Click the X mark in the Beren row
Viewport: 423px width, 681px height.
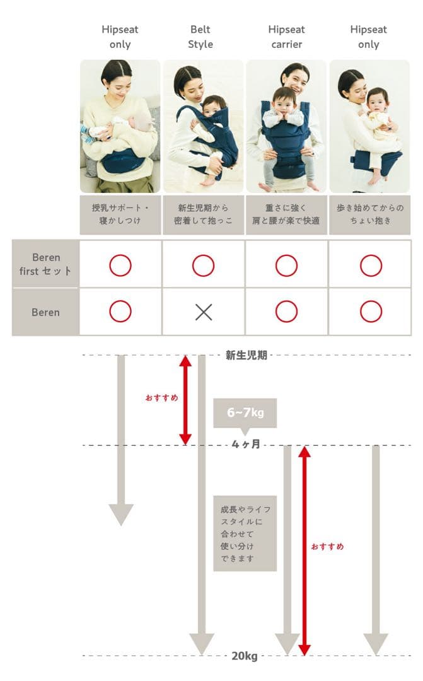203,311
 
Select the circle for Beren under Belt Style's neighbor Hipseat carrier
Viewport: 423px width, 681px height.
286,311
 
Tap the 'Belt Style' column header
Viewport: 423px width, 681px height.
200,37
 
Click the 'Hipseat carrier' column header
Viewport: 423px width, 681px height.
286,37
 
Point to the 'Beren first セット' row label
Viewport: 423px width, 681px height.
46,265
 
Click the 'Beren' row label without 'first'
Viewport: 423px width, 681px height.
46,312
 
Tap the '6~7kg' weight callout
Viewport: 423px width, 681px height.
245,413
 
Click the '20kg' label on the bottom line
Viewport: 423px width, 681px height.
245,656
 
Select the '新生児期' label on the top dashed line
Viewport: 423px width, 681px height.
246,355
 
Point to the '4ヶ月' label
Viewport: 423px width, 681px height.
246,445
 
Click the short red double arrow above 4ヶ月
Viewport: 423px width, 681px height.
185,400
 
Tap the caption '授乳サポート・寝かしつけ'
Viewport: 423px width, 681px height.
120,214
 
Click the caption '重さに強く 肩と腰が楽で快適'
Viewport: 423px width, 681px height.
286,214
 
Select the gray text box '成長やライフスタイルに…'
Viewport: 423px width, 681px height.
245,533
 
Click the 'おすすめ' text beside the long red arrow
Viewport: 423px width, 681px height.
328,547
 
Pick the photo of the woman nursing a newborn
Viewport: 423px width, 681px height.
120,126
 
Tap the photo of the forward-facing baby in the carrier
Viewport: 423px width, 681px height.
286,126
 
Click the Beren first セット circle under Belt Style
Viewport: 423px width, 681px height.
203,265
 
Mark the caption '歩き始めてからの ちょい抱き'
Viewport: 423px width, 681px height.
369,214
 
